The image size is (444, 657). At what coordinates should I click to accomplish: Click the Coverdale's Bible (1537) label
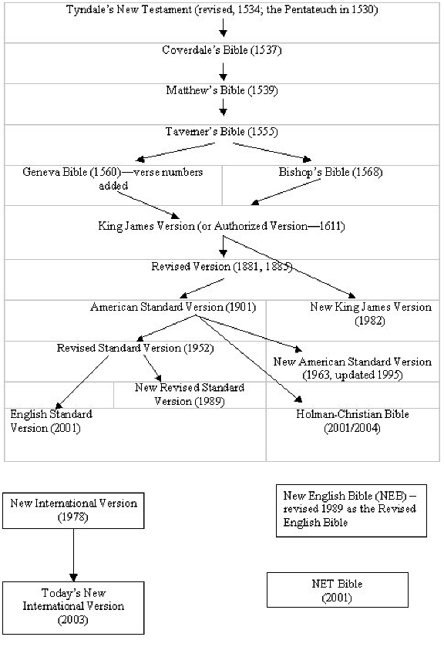tap(221, 50)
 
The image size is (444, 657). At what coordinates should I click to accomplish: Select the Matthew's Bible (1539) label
tap(222, 90)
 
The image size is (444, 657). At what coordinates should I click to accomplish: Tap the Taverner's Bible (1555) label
tap(221, 132)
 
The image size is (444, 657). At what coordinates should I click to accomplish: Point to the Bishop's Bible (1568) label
tap(331, 172)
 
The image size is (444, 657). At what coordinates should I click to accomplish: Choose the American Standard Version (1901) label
tap(173, 307)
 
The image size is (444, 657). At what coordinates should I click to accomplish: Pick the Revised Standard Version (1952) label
tap(136, 349)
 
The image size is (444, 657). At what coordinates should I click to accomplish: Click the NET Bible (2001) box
tap(338, 590)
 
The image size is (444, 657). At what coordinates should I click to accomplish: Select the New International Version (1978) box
tap(73, 510)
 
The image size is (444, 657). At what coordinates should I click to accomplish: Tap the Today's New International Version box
tap(73, 608)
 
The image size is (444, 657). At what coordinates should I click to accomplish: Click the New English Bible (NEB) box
tap(351, 510)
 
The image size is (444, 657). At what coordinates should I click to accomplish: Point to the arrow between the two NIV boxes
tap(73, 555)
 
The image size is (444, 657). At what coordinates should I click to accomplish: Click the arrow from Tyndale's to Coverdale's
tap(224, 28)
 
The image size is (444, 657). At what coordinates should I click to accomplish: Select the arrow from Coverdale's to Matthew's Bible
tap(224, 72)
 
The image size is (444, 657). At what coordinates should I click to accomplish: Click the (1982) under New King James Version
tap(370, 321)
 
